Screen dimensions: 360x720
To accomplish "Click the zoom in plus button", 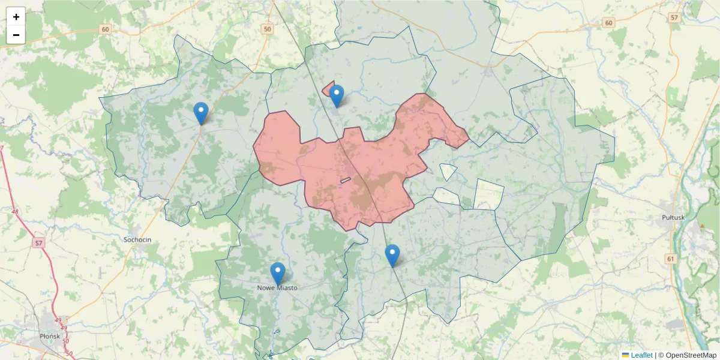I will click(x=16, y=17).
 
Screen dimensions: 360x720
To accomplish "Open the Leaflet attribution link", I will click(x=641, y=355).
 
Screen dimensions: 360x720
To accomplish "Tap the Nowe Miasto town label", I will click(x=277, y=288).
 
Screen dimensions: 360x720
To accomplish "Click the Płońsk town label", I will click(x=49, y=336).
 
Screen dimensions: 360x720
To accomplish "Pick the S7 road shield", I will click(x=38, y=243).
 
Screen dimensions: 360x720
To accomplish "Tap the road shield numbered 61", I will click(x=671, y=259).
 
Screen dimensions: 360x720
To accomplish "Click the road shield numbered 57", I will click(x=674, y=18).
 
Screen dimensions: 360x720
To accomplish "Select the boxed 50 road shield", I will click(x=267, y=29).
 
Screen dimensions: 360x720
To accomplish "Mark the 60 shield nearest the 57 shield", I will click(x=609, y=23).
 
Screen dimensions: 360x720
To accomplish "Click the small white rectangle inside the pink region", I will click(x=346, y=180).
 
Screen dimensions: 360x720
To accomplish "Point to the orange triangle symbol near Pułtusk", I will click(x=702, y=226).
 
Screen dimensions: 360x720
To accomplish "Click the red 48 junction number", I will click(x=14, y=212).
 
